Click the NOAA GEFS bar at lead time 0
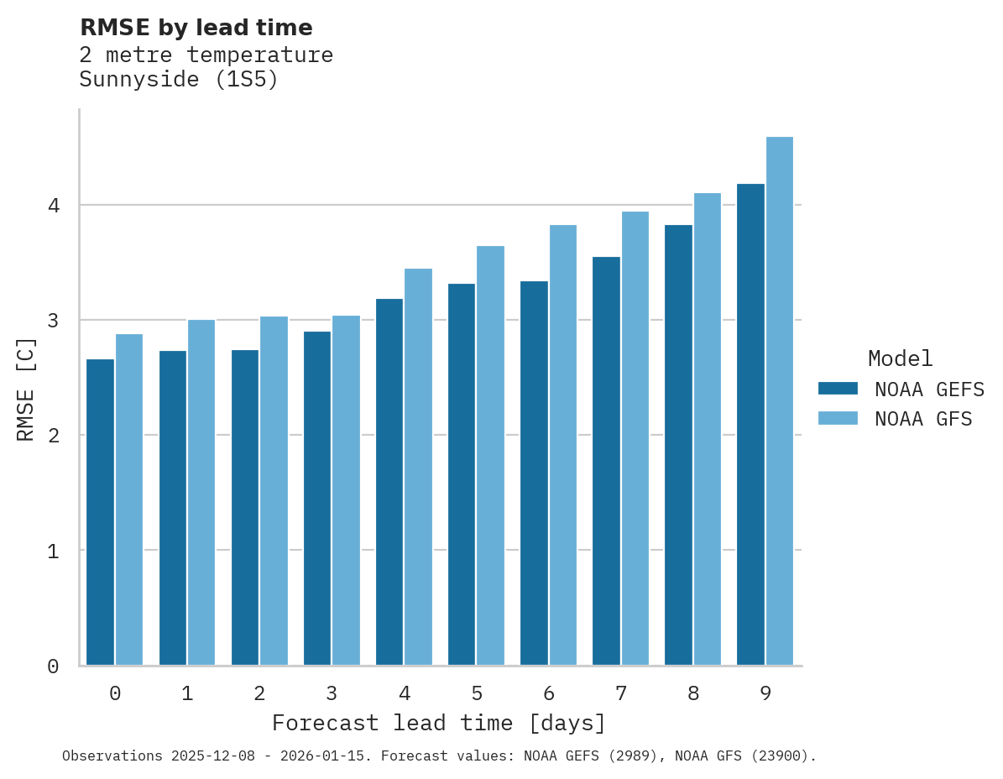100,512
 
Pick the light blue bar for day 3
346,490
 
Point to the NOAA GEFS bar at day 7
606,461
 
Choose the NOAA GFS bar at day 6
562,445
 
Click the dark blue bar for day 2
245,507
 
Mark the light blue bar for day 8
708,429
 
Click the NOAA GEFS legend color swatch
838,389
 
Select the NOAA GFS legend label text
923,419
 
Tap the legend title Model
900,359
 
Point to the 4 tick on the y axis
52,206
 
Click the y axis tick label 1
52,552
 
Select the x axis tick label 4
405,693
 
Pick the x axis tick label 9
765,693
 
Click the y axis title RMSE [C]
26,389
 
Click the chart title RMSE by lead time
196,28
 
